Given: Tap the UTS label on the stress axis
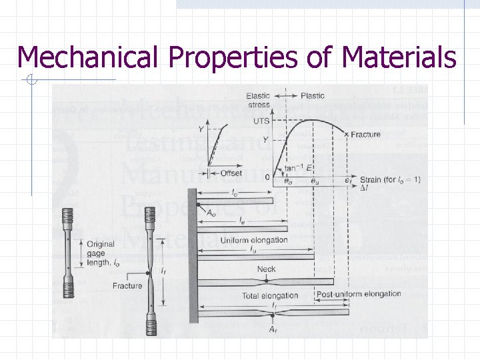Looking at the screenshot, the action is [261, 121].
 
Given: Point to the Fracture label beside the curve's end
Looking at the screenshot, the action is [366, 135].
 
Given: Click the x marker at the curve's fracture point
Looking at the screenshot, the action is [346, 135].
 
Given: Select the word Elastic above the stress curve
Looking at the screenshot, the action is [258, 95].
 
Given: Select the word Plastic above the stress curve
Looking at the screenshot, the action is [313, 95].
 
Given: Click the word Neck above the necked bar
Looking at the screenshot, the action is [266, 269].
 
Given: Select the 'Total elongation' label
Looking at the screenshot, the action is [251, 295].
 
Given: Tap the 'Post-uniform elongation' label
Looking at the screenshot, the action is [359, 294].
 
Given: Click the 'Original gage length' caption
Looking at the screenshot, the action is [101, 253].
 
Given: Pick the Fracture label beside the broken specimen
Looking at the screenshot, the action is [127, 285].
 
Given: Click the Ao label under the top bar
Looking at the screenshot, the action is [211, 213].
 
